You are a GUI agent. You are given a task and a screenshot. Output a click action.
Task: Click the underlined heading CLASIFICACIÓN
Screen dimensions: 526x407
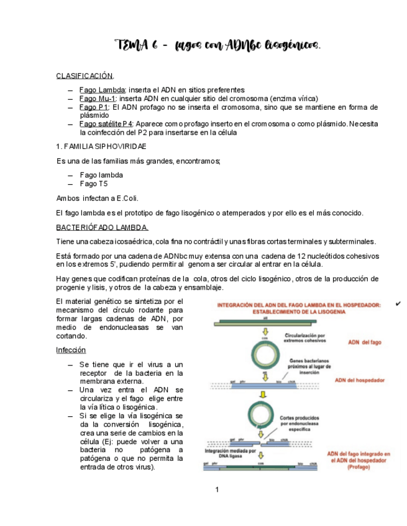point(85,76)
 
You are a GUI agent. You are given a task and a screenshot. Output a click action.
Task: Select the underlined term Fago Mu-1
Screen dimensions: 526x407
point(97,99)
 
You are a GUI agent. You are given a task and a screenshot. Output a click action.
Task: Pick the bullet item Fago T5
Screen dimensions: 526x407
point(94,184)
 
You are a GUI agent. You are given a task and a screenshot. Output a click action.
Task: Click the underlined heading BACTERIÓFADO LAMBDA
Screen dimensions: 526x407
point(102,227)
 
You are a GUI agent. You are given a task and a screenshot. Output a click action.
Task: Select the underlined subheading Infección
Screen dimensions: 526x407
point(70,350)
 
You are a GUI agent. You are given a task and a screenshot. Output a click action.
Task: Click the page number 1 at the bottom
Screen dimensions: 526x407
point(217,490)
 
